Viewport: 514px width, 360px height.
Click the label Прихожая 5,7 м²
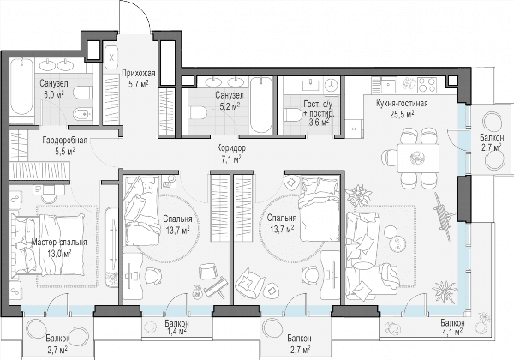tap(138, 79)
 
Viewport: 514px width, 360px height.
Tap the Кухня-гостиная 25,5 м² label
tap(402, 109)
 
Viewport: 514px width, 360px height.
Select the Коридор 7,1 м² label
tap(231, 153)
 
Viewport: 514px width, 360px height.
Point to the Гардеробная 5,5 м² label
tap(64, 146)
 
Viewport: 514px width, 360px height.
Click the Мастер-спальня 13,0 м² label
tap(59, 248)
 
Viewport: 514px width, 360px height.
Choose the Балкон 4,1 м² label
tap(452, 327)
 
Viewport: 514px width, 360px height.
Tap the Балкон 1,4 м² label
tap(176, 328)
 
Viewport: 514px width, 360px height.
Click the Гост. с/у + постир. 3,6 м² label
tap(319, 113)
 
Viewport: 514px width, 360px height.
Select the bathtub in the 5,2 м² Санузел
tap(261, 105)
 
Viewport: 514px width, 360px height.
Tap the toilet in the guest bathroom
tap(293, 115)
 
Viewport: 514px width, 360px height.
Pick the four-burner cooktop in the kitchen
tap(427, 85)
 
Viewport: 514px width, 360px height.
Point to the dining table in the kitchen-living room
tap(418, 158)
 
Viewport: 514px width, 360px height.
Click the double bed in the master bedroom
tap(48, 243)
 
